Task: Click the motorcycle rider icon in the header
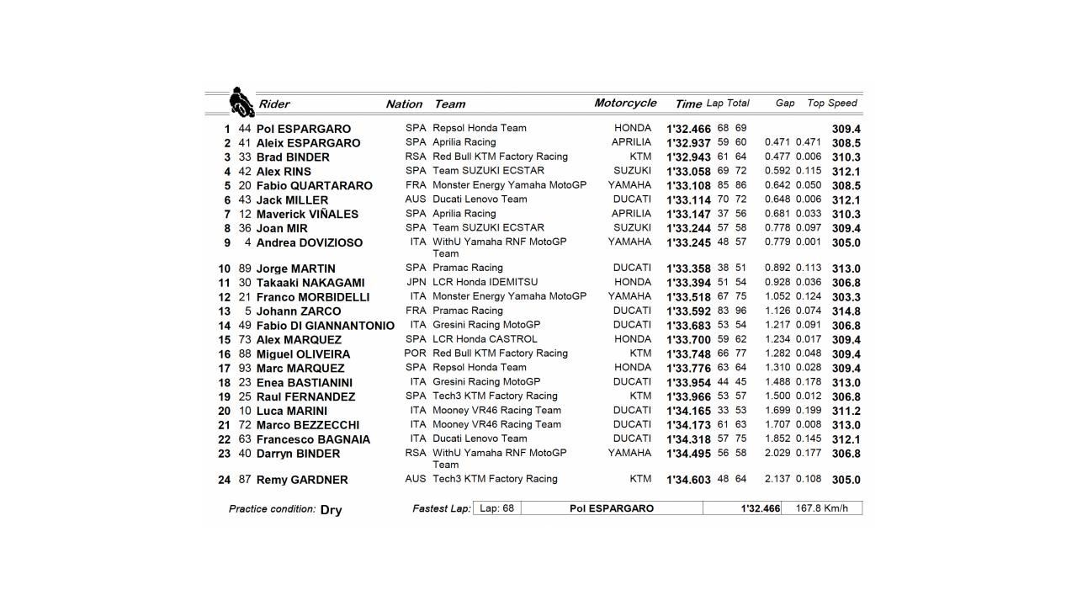tap(241, 103)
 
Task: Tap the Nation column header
tap(404, 104)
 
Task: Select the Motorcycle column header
tap(625, 103)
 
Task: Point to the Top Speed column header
tap(831, 104)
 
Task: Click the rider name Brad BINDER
tap(293, 157)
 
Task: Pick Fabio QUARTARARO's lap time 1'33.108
tap(688, 186)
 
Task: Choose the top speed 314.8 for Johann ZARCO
tap(846, 311)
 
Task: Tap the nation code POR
tap(415, 353)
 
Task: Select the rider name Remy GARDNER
tap(301, 480)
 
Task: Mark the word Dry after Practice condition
tap(331, 510)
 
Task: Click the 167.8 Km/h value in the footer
tap(821, 508)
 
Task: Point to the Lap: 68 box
tap(496, 508)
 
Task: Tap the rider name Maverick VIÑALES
tap(307, 215)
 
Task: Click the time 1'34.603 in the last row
tap(688, 480)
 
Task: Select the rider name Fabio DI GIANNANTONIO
tap(325, 326)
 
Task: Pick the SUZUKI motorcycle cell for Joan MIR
tap(632, 228)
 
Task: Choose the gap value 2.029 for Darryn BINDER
tap(777, 453)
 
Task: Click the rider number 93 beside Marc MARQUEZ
tap(245, 368)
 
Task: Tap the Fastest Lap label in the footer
tap(441, 509)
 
